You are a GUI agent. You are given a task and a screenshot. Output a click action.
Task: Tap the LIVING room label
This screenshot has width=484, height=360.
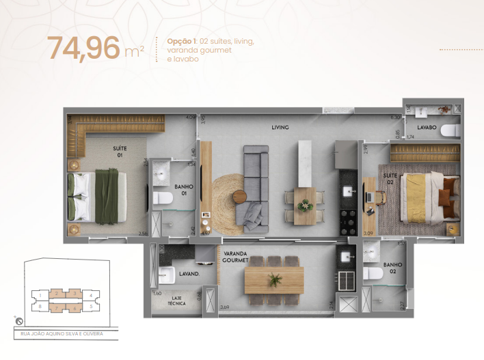(280, 127)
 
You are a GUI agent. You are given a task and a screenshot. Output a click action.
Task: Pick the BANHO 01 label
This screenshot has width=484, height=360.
(182, 189)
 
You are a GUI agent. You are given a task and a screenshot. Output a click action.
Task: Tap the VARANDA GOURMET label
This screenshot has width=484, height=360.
(234, 256)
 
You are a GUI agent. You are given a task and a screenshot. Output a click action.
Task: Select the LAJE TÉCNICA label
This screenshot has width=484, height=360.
(178, 301)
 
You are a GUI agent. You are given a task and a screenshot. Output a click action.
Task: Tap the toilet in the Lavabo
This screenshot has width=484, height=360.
(449, 130)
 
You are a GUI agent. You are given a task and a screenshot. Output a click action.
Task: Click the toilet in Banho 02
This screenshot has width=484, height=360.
(373, 273)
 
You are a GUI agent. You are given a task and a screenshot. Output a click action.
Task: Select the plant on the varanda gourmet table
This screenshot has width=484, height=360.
(274, 279)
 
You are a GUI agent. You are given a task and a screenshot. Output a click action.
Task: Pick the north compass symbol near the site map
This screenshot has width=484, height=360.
(17, 320)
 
